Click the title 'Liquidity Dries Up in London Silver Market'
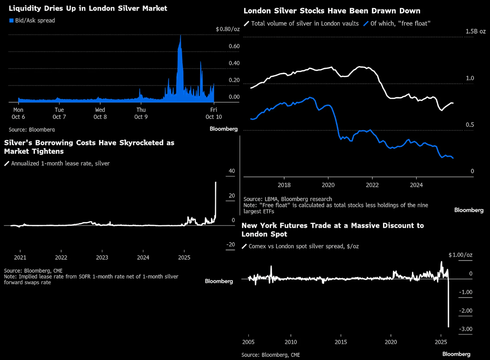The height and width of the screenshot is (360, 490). pos(88,8)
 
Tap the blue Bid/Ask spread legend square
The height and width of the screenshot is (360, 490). pos(11,21)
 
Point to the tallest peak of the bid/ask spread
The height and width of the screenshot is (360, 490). pos(180,36)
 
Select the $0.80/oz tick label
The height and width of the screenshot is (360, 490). pos(228,29)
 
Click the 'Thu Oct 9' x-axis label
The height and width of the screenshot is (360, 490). pos(141,113)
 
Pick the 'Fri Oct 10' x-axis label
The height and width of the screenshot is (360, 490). pos(214,113)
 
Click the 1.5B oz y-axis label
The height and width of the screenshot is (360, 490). pos(475,31)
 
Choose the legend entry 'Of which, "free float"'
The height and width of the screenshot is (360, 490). pos(400,23)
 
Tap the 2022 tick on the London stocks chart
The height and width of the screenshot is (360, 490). pos(372,185)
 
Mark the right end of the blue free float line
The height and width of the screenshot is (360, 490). pos(453,158)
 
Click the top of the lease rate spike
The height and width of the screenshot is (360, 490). pos(215,182)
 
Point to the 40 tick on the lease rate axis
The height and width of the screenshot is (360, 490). pos(232,171)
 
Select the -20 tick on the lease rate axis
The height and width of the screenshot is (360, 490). pos(231,245)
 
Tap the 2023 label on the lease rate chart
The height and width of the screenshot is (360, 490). pos(102,257)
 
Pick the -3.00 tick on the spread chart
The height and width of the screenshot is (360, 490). pos(465,329)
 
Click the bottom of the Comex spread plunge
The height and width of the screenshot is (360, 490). pos(449,326)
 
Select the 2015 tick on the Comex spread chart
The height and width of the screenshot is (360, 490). pos(341,342)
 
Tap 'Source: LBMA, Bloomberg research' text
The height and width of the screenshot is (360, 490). pos(288,199)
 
